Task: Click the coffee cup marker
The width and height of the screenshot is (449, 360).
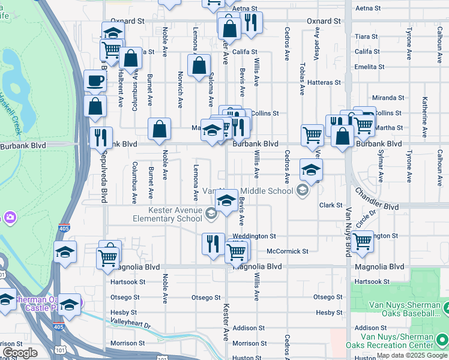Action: pos(95,80)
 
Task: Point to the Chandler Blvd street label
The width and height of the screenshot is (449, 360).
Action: pos(376,200)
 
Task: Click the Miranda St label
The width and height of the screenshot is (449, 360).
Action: pos(388,97)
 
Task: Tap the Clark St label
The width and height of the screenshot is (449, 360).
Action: pos(331,205)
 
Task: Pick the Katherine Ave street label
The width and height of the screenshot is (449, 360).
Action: pos(424,114)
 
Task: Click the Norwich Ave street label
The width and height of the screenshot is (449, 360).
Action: pos(179,90)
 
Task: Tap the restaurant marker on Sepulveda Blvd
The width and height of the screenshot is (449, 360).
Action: pos(101,137)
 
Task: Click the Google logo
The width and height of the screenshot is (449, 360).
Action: pos(20,353)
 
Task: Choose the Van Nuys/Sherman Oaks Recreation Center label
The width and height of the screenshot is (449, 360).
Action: pos(390,341)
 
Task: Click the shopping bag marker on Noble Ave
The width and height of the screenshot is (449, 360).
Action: pos(159,129)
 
